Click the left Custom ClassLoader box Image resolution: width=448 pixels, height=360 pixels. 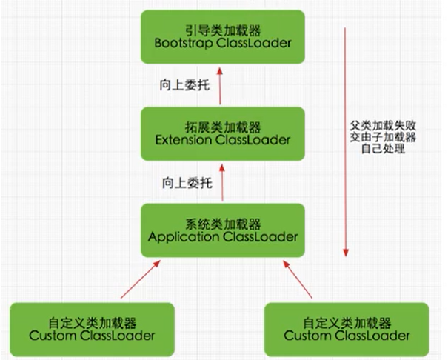[93, 328]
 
